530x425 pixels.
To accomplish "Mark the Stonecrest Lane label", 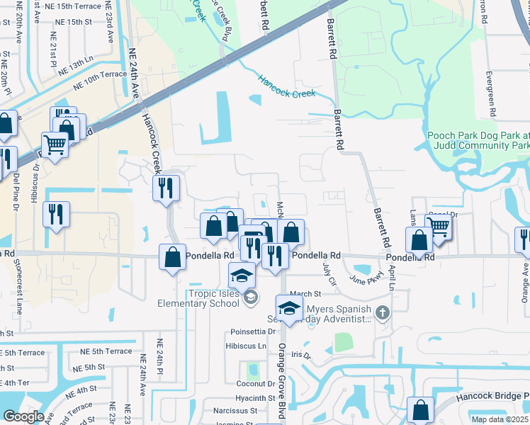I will tap(18, 286).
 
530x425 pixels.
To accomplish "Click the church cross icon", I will tap(382, 312).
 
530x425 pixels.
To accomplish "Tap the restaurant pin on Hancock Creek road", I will tap(167, 189).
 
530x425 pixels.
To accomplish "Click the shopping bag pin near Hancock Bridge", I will tap(420, 410).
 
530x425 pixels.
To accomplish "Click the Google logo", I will tap(23, 416).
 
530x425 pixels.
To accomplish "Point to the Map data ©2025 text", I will tap(500, 419).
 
